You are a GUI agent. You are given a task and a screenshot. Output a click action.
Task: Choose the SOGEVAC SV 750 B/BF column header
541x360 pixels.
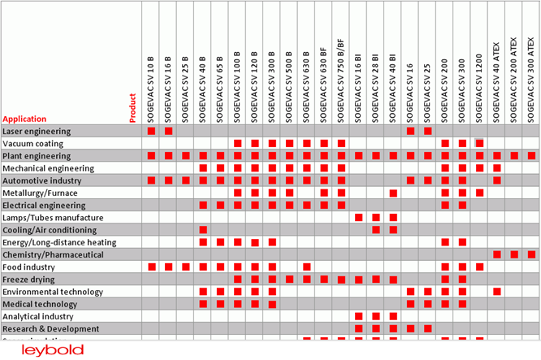pos(341,80)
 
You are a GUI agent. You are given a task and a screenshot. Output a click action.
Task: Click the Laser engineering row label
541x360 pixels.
pos(37,131)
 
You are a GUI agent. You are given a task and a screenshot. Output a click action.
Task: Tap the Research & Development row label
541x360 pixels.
pos(50,329)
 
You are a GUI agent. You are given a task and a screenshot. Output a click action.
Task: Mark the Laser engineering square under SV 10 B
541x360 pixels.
pos(152,131)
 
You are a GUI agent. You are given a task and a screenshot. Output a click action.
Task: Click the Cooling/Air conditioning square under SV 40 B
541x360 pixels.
pos(203,230)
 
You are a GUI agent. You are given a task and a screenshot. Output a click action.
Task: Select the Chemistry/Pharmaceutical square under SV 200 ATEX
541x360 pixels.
pos(514,254)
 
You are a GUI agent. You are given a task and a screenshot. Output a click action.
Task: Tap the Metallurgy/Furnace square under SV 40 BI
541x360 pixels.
pos(393,193)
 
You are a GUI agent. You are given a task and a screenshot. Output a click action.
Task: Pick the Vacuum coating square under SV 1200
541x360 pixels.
pos(480,144)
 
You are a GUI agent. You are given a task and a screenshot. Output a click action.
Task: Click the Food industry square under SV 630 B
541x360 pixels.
pos(307,267)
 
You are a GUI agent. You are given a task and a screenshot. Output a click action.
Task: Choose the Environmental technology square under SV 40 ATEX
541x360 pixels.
pos(496,292)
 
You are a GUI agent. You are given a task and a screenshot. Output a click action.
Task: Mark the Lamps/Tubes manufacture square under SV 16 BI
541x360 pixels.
pos(358,218)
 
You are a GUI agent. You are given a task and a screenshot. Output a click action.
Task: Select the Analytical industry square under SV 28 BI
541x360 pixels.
pos(375,316)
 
